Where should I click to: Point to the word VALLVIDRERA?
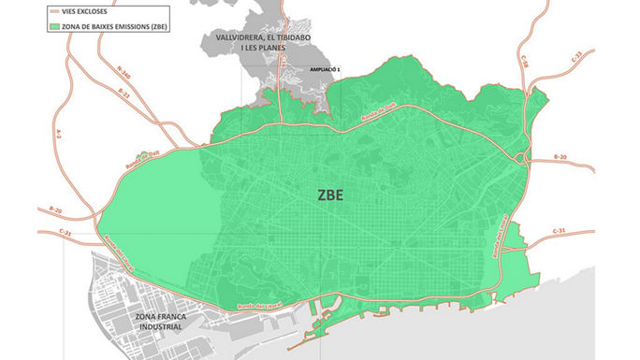pyautogui.click(x=242, y=38)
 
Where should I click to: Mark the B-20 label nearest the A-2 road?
pyautogui.click(x=53, y=210)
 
